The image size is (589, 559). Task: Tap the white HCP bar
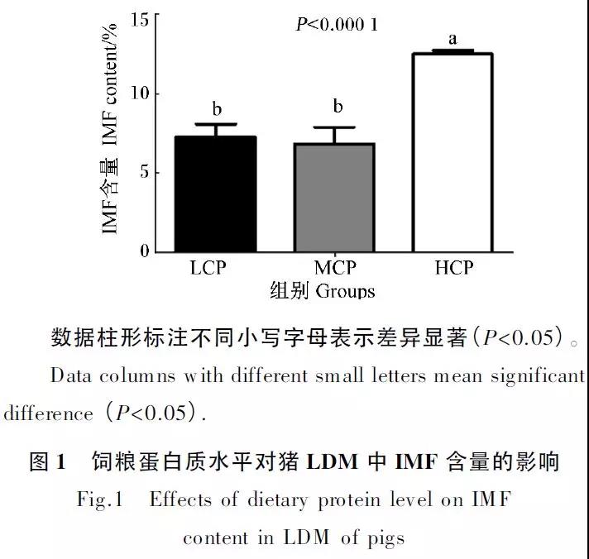(x=452, y=152)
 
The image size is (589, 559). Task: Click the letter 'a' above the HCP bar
(x=453, y=39)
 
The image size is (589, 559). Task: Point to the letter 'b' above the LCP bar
(x=216, y=109)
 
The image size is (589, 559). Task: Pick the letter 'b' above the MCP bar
(x=338, y=107)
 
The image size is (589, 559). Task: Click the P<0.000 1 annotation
(x=337, y=25)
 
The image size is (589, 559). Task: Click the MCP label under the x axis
(x=335, y=269)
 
